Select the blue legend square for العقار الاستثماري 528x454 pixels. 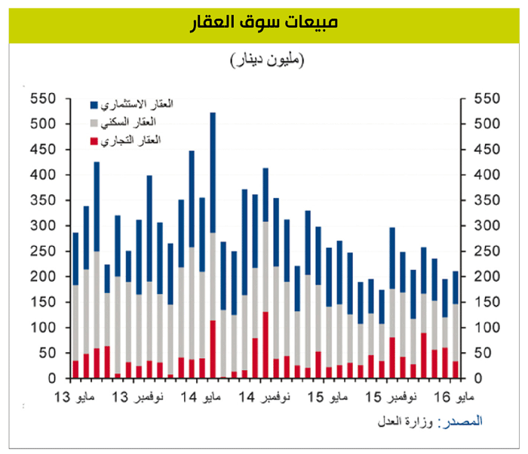coord(94,104)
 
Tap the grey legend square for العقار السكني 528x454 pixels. coord(94,122)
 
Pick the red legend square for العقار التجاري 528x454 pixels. coord(94,141)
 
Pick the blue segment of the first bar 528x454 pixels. coord(75,259)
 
